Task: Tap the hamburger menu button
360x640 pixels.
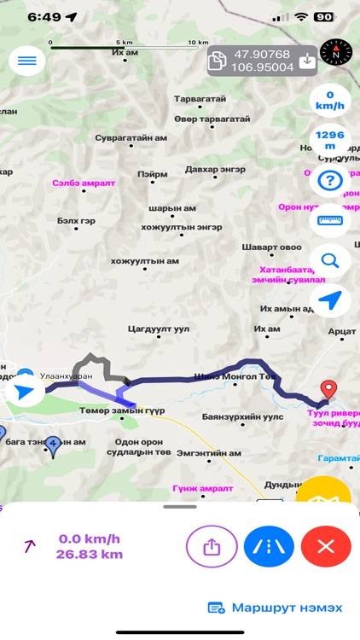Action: click(x=26, y=61)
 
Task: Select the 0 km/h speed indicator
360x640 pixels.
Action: click(x=328, y=101)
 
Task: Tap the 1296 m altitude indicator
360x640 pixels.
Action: click(x=328, y=140)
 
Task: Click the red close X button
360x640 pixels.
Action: click(x=325, y=546)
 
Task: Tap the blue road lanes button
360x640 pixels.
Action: click(x=269, y=546)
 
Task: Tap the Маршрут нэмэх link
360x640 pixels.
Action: click(x=276, y=608)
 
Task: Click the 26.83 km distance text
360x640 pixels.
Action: click(x=90, y=555)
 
